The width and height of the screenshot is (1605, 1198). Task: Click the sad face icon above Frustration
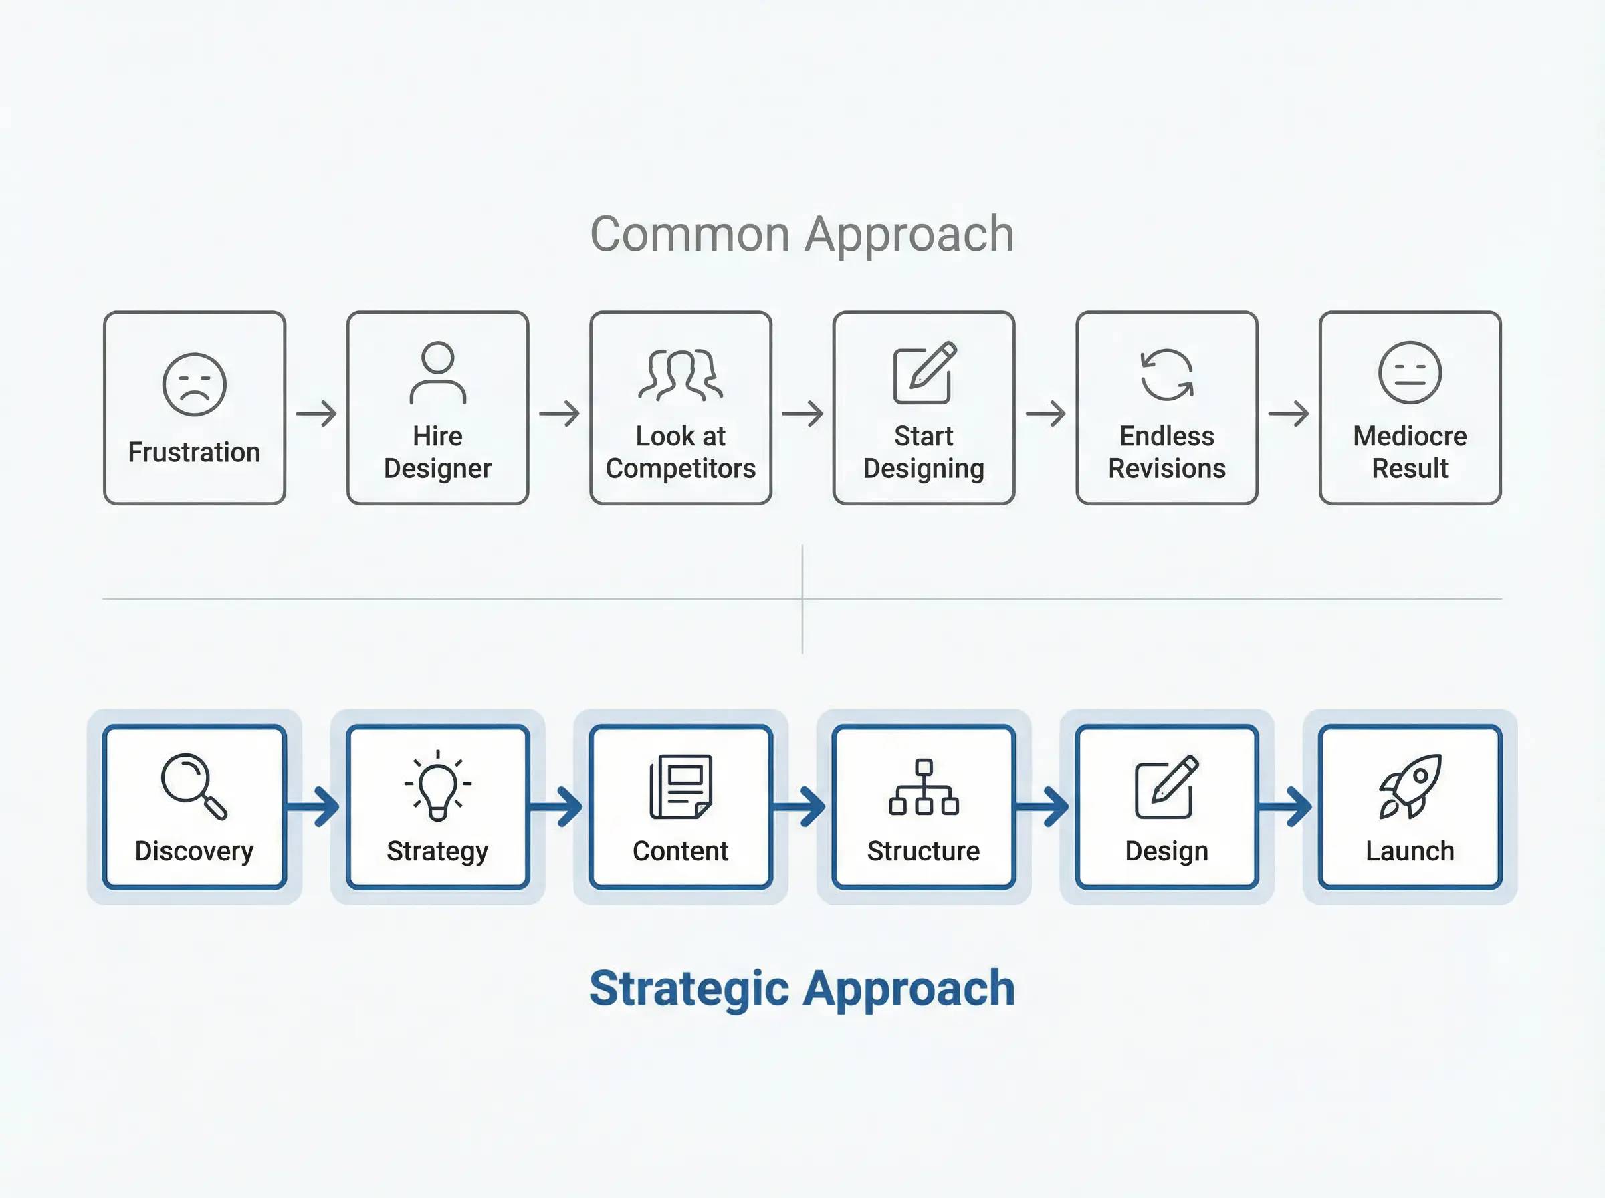pyautogui.click(x=195, y=384)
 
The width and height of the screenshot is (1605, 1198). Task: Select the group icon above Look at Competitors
pyautogui.click(x=680, y=375)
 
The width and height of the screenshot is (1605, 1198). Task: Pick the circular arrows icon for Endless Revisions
pyautogui.click(x=1167, y=374)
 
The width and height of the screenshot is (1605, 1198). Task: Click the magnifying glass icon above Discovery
pyautogui.click(x=195, y=787)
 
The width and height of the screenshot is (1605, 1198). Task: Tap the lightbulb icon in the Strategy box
pyautogui.click(x=437, y=786)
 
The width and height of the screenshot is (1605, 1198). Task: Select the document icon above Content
pyautogui.click(x=680, y=787)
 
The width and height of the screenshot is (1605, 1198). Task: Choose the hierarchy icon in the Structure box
pyautogui.click(x=924, y=788)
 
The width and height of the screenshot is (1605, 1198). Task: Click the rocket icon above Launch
pyautogui.click(x=1410, y=787)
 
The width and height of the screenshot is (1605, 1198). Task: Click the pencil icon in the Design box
pyautogui.click(x=1166, y=787)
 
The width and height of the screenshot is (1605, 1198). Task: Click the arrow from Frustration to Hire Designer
pyautogui.click(x=316, y=413)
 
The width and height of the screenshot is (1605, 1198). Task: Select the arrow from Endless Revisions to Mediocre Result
pyautogui.click(x=1289, y=413)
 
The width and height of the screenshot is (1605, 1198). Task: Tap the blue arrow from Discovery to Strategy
pyautogui.click(x=312, y=805)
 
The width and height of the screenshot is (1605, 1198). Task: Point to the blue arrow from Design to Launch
pyautogui.click(x=1285, y=805)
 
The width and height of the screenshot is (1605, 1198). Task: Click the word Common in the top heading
pyautogui.click(x=689, y=234)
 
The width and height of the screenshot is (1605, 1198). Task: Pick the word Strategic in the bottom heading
pyautogui.click(x=689, y=990)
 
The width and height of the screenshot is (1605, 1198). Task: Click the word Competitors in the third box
pyautogui.click(x=680, y=469)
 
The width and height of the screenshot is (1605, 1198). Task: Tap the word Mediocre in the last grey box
pyautogui.click(x=1410, y=436)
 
